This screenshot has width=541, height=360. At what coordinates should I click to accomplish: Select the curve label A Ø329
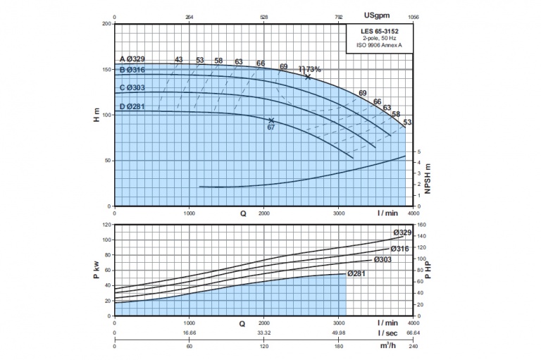point(132,59)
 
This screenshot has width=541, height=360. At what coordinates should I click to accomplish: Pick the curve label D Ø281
point(132,106)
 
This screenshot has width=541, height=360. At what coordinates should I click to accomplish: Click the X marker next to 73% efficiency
point(308,76)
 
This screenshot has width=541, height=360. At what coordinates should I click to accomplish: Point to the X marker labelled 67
point(271,120)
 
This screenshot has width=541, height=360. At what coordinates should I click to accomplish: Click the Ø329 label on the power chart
point(402,232)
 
